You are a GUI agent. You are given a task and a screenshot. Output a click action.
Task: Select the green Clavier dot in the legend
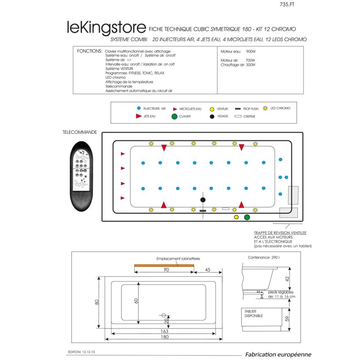pyautogui.click(x=174, y=116)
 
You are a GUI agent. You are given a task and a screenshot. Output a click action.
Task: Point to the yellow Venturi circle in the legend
pyautogui.click(x=212, y=109)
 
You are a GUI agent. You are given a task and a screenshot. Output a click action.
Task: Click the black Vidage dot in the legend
pyautogui.click(x=212, y=116)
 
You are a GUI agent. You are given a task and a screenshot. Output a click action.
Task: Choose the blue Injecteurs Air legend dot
pyautogui.click(x=138, y=109)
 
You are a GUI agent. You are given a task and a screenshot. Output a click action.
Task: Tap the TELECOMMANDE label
pyautogui.click(x=80, y=132)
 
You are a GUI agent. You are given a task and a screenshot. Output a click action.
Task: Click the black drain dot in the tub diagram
pyautogui.click(x=203, y=199)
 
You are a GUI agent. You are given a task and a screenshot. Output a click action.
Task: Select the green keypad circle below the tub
pyautogui.click(x=247, y=217)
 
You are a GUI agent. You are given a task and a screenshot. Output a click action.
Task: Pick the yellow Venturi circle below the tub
pyautogui.click(x=236, y=217)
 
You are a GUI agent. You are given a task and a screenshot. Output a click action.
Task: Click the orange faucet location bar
pyautogui.click(x=164, y=265)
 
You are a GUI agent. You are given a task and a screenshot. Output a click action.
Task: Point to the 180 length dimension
pyautogui.click(x=164, y=337)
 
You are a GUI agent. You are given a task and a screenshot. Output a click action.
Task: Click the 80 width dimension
pyautogui.click(x=97, y=302)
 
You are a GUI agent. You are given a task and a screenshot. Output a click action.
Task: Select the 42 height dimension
pyautogui.click(x=287, y=279)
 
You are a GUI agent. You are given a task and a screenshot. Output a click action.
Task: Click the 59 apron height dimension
pyautogui.click(x=287, y=319)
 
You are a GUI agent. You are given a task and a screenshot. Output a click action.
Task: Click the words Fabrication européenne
pyautogui.click(x=278, y=354)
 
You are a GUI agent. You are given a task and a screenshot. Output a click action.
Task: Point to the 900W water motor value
pyautogui.click(x=252, y=51)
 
